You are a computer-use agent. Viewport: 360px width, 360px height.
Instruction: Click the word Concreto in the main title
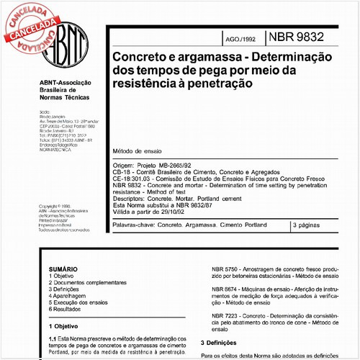(x=135, y=56)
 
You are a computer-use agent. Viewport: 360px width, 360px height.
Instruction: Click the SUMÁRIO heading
(x=60, y=269)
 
